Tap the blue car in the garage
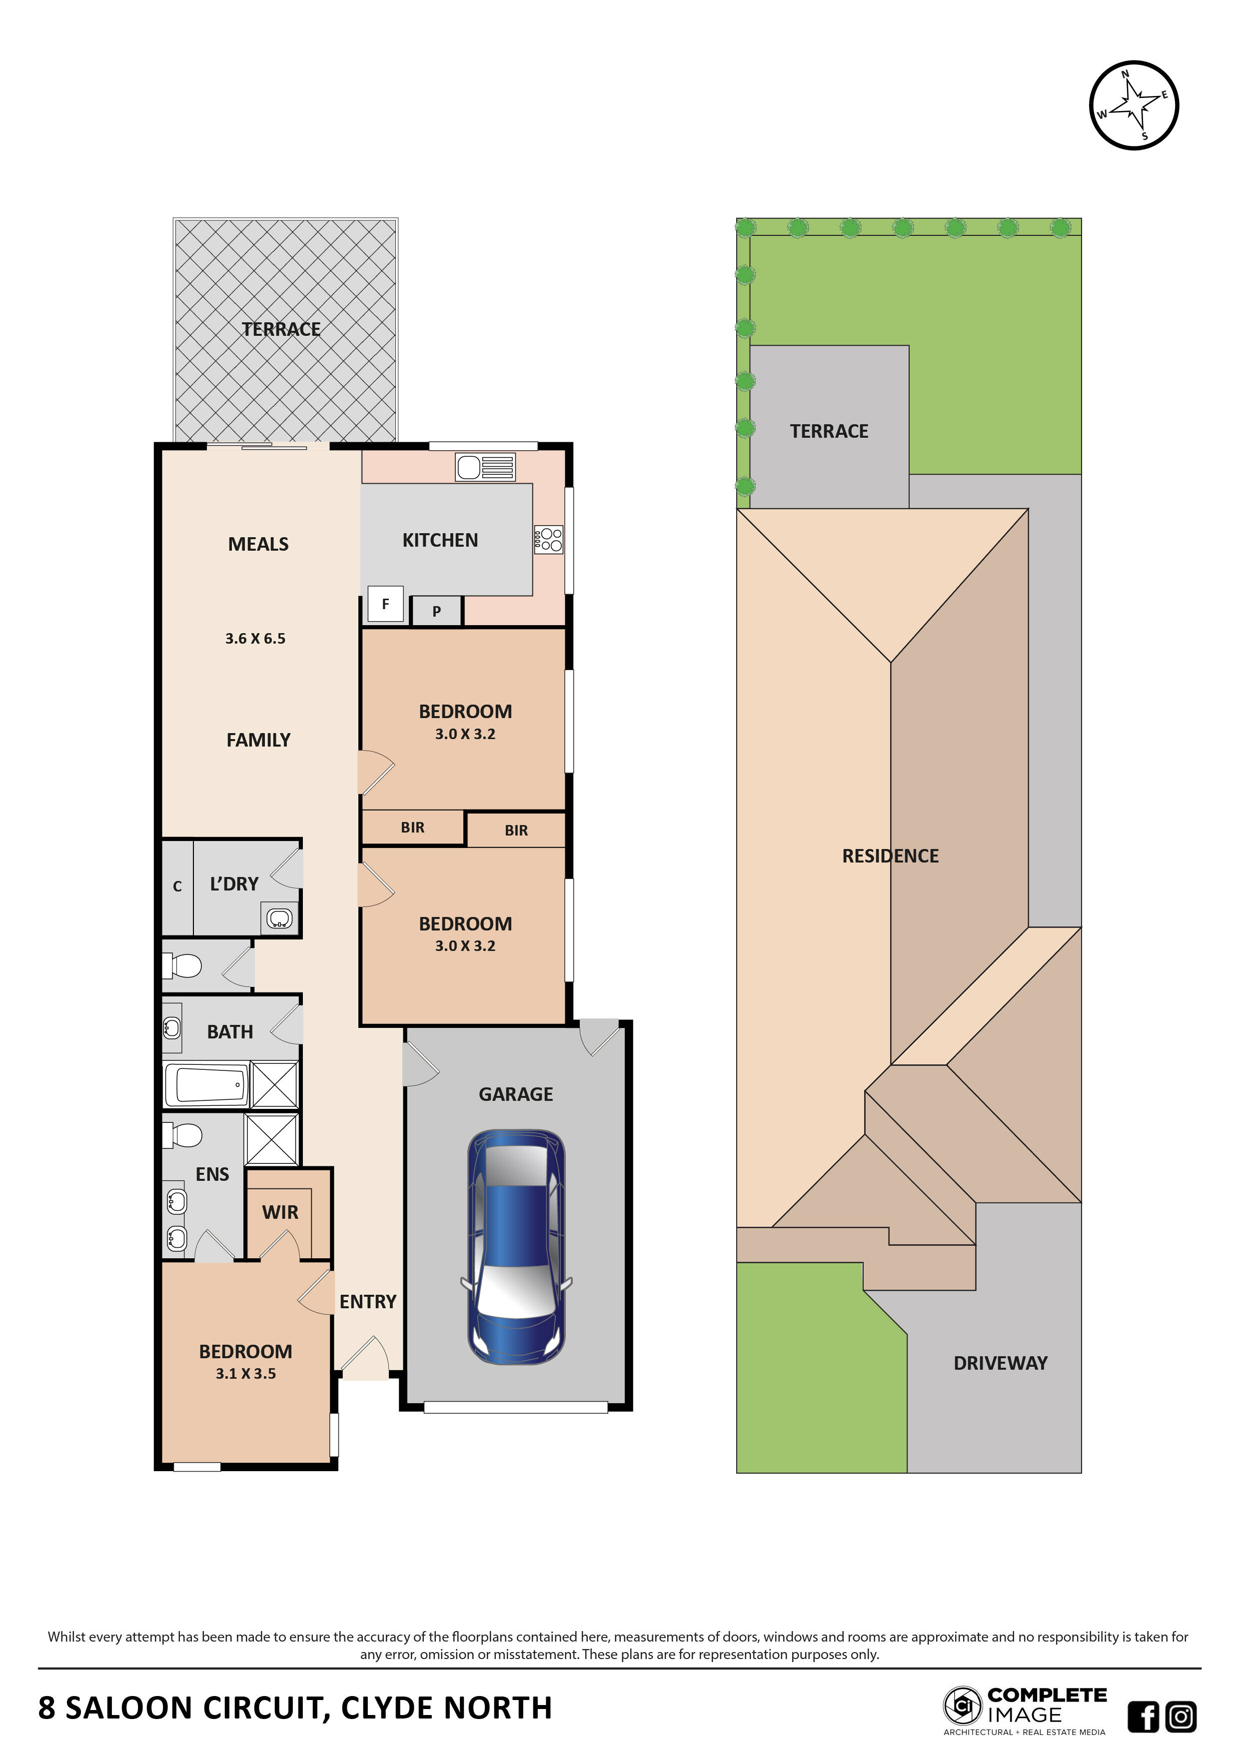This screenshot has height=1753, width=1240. [516, 1248]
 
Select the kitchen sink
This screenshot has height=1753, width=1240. [486, 467]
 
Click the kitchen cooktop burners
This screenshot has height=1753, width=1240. [548, 540]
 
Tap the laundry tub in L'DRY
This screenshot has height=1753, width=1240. [279, 918]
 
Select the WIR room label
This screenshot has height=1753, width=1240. [280, 1212]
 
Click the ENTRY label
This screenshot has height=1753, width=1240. [368, 1302]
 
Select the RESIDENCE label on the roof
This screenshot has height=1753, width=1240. [890, 856]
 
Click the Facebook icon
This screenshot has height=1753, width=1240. [1143, 1717]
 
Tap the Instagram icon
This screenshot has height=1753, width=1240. [1181, 1717]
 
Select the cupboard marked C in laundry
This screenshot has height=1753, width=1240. [177, 887]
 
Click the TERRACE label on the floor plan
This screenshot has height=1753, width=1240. [281, 329]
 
